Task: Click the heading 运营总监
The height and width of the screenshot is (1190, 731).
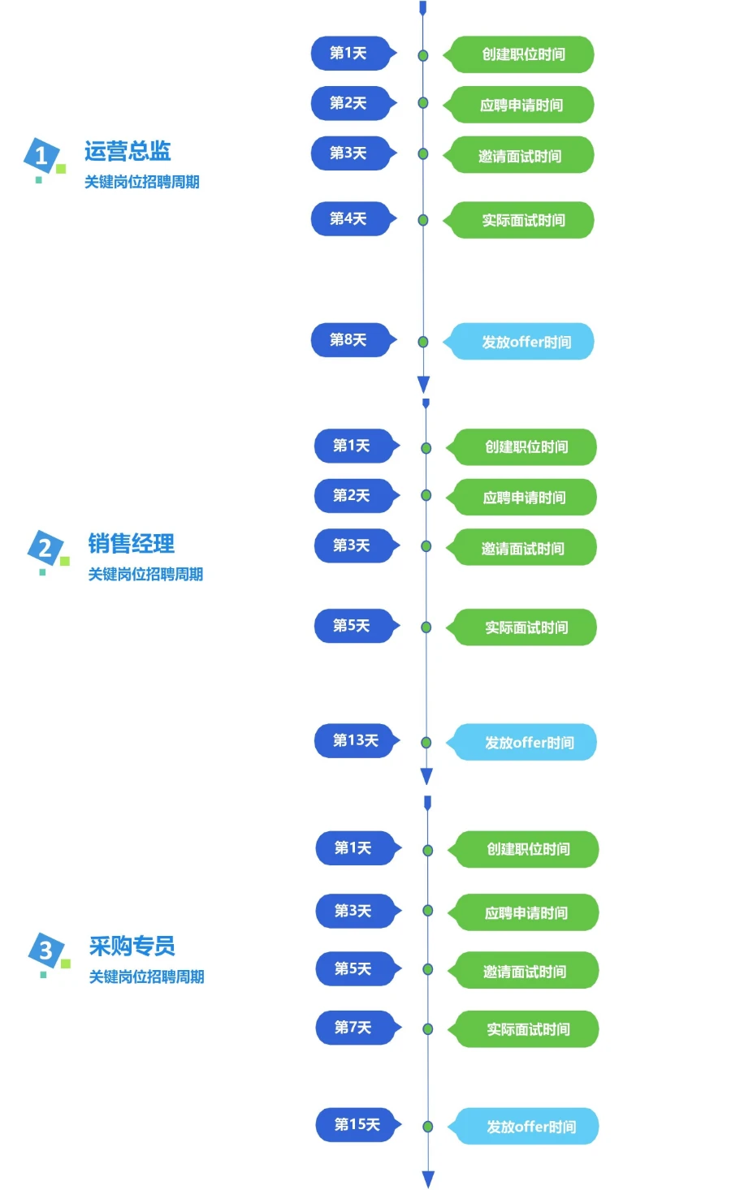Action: [x=128, y=151]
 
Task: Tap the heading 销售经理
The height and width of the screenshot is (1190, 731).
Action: [x=131, y=544]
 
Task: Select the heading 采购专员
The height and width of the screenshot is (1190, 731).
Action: [x=132, y=946]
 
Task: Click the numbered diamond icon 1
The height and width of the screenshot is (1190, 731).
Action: [x=41, y=155]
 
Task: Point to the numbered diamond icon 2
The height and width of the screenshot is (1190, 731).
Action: [x=45, y=548]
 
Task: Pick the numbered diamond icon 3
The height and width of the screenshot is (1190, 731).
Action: [x=45, y=950]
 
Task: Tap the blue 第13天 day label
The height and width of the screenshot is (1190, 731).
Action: [x=355, y=740]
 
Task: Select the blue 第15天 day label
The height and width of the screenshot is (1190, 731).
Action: [x=357, y=1124]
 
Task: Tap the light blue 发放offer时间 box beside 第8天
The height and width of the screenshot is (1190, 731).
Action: [x=525, y=342]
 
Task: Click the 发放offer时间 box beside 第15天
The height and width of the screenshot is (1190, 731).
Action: [x=530, y=1127]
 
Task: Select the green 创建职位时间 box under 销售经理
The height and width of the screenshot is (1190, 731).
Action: [x=526, y=447]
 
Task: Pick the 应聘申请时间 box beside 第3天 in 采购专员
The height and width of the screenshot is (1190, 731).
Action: [x=526, y=913]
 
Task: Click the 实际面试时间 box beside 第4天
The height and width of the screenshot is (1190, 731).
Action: [x=522, y=220]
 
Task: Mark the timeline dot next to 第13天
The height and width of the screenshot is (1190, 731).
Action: [x=426, y=742]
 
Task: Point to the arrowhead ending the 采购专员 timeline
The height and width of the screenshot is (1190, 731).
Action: [x=428, y=1179]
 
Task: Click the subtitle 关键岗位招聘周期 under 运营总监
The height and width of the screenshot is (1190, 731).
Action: [x=142, y=182]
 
